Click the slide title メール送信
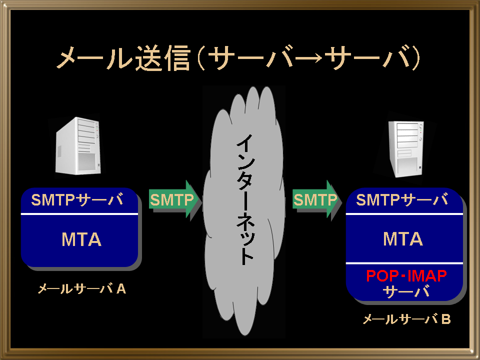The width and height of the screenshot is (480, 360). coord(123,58)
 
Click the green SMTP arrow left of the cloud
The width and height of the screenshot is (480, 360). coord(174,199)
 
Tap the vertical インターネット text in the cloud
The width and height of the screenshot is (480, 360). coord(245,199)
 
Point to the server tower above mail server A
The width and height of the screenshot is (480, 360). coord(78,145)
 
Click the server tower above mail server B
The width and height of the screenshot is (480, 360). coord(405,149)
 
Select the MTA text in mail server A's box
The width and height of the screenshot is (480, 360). coord(81,239)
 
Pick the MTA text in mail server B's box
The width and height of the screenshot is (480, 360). coord(403,239)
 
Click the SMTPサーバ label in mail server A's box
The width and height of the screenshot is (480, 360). coord(77,200)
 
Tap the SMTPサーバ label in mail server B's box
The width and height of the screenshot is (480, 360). coord(402,200)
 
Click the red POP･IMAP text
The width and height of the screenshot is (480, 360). coord(406,276)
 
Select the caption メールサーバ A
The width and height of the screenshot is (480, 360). coord(81,288)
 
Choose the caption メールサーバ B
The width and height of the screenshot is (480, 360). coord(406,319)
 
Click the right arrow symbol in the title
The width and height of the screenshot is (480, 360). coord(309,58)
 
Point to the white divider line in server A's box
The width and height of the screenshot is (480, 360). coord(79,214)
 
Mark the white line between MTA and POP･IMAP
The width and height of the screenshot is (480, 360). coord(404,263)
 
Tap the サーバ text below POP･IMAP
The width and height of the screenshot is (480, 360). coord(406,291)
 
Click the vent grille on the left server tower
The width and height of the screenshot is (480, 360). coord(87,161)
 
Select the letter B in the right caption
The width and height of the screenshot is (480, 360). coord(446,319)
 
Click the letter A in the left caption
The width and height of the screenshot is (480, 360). coord(121,288)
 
